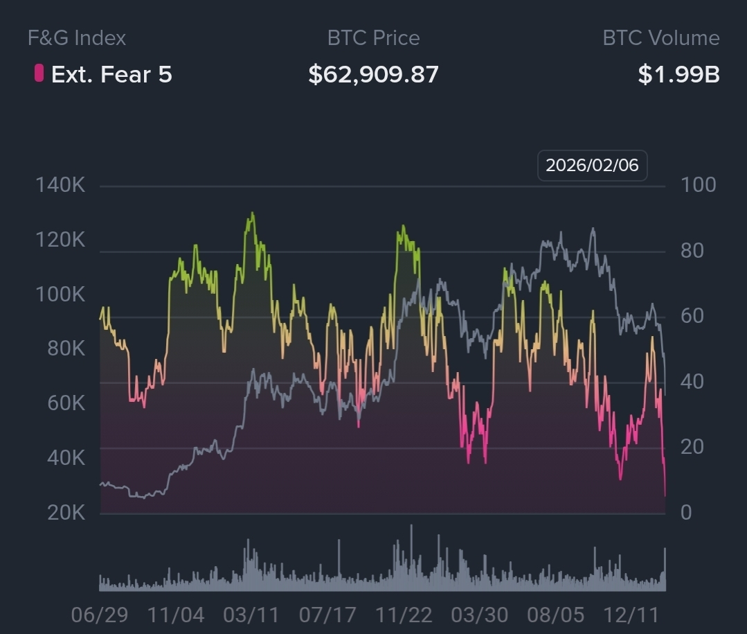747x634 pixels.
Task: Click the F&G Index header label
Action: [77, 37]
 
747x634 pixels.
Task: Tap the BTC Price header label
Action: [373, 37]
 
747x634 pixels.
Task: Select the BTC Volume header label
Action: [660, 37]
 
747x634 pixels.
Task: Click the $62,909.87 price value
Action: [373, 74]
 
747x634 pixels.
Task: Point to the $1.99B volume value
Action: [678, 74]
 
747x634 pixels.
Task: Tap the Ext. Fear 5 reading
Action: [111, 74]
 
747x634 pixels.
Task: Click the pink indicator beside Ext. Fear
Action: [39, 73]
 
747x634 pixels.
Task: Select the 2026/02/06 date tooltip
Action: [592, 166]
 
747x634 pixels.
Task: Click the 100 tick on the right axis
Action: [698, 185]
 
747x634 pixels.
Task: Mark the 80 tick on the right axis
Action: [692, 250]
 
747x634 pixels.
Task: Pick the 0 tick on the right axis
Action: [686, 512]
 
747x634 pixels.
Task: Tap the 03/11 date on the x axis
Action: [251, 615]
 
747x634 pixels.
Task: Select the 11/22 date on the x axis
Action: [403, 615]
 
